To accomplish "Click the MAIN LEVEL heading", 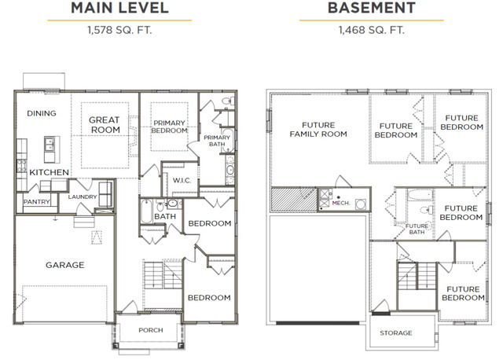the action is (x=119, y=8).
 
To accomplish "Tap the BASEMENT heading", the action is (x=372, y=8).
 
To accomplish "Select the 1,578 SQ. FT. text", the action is (x=119, y=30).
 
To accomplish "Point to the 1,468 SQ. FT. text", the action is (x=372, y=30).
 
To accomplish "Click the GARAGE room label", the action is (x=64, y=265).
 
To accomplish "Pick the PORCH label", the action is (x=151, y=330).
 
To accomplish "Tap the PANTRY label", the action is (x=37, y=202).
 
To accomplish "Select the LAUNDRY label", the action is (x=83, y=197).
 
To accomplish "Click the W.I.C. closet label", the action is (x=182, y=181).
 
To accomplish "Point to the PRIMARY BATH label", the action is (x=217, y=141).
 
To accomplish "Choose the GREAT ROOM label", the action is (x=105, y=125).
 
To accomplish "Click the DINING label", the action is (x=42, y=113).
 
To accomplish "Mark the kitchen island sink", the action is (x=50, y=144).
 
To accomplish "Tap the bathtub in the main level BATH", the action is (x=146, y=211).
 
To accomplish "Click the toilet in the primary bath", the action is (x=228, y=101).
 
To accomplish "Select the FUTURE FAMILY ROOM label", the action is (x=318, y=130).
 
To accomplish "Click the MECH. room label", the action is (x=341, y=203).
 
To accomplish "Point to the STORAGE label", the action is (x=396, y=333).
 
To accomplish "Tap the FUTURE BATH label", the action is (x=417, y=229).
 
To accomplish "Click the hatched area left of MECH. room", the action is (x=294, y=199).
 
